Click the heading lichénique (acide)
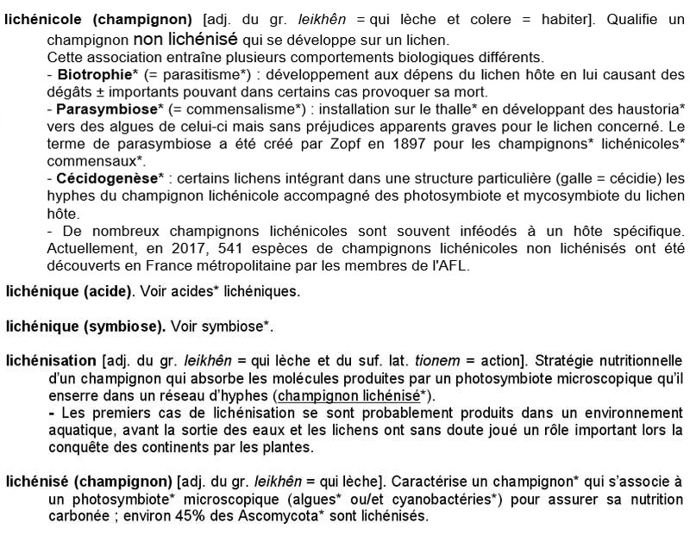(x=69, y=291)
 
